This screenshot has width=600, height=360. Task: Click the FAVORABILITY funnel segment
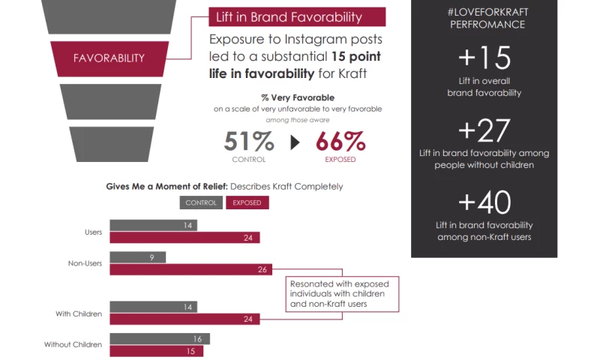coord(109,58)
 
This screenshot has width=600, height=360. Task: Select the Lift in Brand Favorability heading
coord(297,17)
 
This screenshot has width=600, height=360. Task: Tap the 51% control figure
coord(249,141)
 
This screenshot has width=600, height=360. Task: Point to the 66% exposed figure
coord(340,141)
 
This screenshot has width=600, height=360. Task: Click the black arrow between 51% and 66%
coord(295,142)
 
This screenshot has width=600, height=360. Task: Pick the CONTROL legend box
coord(201,202)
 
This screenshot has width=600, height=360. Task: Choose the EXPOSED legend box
coord(247,202)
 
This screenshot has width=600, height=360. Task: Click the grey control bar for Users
coord(153,225)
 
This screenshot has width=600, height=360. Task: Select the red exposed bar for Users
coord(184,238)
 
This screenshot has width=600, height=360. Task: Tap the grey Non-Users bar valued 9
coord(137,257)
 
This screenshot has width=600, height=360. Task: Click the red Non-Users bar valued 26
coord(190,270)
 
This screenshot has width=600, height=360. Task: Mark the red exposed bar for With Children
coord(184,319)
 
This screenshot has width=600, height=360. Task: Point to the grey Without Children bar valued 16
coord(160,339)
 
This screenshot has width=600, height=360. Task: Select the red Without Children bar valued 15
coord(156,351)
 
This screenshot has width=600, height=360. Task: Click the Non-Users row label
coord(85,263)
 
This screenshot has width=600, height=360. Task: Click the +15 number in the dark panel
coord(484,58)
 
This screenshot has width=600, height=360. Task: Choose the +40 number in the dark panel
coord(484,202)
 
